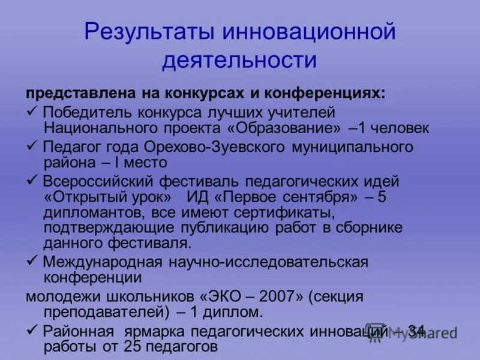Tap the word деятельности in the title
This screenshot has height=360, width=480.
[239, 60]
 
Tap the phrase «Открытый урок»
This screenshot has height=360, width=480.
[111, 197]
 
